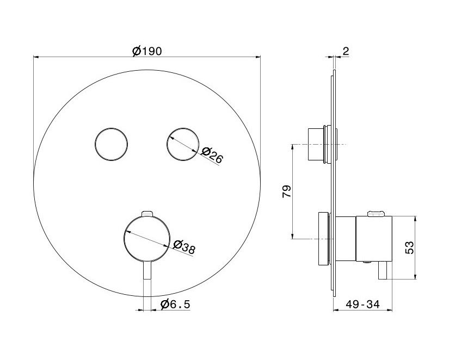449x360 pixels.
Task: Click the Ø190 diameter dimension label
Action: click(x=147, y=51)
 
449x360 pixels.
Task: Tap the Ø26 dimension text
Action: click(x=212, y=155)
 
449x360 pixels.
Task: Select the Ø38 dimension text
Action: click(x=184, y=247)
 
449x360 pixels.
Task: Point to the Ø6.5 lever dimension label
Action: click(x=175, y=304)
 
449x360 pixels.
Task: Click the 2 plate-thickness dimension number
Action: click(x=346, y=52)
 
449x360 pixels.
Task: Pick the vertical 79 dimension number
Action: click(x=287, y=191)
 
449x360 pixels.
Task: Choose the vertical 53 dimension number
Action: click(x=410, y=247)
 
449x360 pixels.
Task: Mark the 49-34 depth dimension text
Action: click(x=362, y=304)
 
